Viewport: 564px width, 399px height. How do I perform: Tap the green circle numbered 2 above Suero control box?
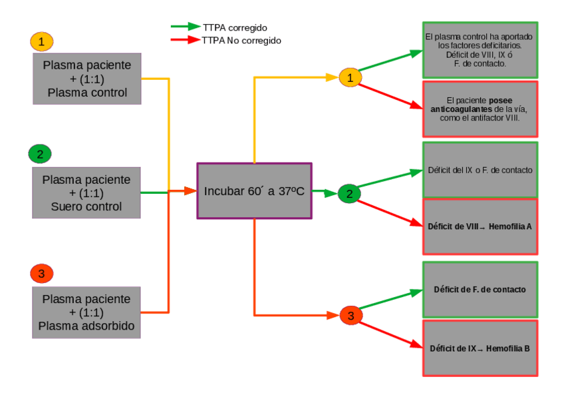click(x=40, y=155)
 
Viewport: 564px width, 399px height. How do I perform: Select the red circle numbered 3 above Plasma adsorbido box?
click(x=41, y=273)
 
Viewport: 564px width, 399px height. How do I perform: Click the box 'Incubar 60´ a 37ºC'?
click(x=254, y=191)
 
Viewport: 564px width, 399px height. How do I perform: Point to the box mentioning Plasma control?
click(x=87, y=79)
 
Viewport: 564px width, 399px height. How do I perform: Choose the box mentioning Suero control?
click(x=87, y=193)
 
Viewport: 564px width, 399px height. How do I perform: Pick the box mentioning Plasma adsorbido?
click(x=87, y=312)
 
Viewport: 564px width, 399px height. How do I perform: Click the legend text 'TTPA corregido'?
click(x=235, y=27)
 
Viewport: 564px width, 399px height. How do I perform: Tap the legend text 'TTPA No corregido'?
click(x=241, y=40)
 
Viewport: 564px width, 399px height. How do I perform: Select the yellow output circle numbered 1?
click(x=350, y=77)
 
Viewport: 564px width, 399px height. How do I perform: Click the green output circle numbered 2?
click(x=349, y=193)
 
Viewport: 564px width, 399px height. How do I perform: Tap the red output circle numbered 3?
click(x=351, y=315)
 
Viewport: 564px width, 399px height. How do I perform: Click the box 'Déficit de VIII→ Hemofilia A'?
click(x=480, y=226)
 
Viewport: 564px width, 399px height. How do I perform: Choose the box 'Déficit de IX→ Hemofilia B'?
click(x=480, y=348)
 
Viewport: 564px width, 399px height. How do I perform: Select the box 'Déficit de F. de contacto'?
click(x=480, y=289)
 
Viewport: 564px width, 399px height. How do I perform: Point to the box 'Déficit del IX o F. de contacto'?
click(x=480, y=170)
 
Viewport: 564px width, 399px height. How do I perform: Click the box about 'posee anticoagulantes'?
click(x=480, y=109)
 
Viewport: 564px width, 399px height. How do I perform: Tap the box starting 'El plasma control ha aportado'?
click(x=480, y=50)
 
